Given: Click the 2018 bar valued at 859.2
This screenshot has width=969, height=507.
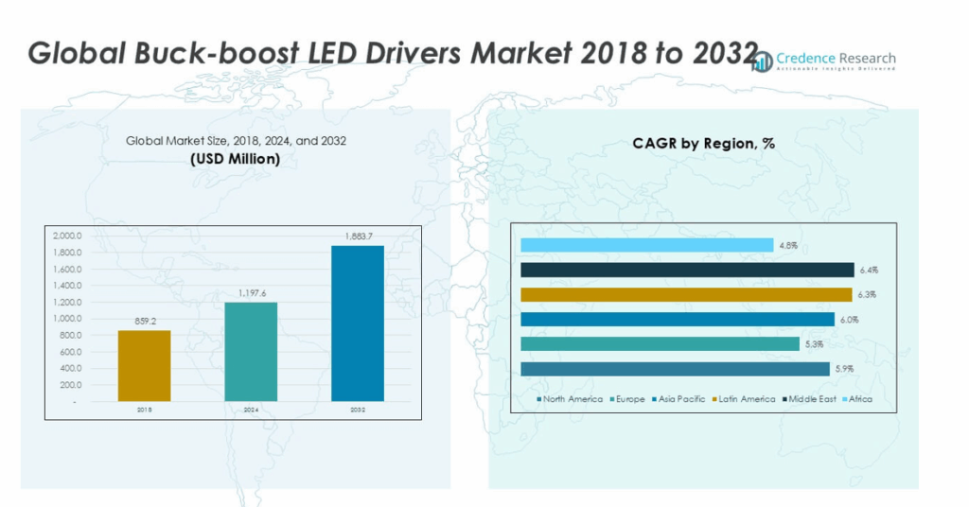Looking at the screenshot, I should tap(144, 366).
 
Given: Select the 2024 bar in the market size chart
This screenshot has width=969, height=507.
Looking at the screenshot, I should tap(251, 352).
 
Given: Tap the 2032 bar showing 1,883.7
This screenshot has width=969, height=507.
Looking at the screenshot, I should tap(357, 323).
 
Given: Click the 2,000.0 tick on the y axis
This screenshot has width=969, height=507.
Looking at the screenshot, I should tap(67, 236).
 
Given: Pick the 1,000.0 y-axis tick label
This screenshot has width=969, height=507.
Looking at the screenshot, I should tap(67, 319).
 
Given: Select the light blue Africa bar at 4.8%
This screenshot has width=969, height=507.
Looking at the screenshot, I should tap(646, 246).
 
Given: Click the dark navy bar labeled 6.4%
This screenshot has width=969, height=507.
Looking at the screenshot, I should tap(686, 270).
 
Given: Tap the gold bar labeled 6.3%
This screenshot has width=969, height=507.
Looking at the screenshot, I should tap(685, 294).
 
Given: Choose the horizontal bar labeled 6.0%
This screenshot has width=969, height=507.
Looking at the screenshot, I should tap(677, 319).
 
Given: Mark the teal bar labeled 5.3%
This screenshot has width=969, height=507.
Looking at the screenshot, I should tap(660, 343).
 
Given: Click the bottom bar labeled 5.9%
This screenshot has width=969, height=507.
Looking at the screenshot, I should tap(675, 368).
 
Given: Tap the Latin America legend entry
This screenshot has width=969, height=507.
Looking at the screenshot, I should tap(746, 399).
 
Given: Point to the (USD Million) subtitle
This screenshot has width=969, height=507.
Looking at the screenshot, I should tap(236, 159).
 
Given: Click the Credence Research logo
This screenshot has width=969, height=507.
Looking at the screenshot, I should tap(825, 61).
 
